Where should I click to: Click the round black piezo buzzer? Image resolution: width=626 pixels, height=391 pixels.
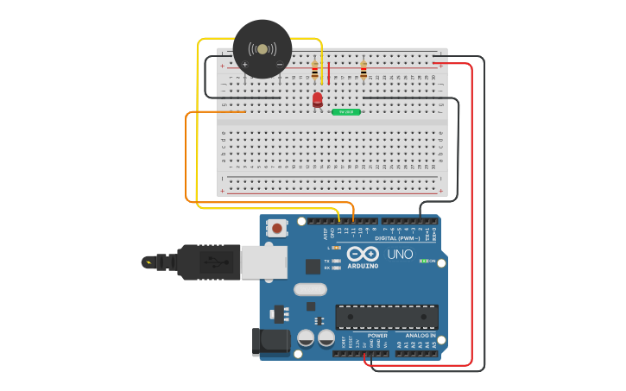pyautogui.click(x=262, y=49)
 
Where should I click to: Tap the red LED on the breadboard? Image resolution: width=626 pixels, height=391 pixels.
pyautogui.click(x=318, y=99)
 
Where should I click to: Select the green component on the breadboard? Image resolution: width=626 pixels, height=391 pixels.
pyautogui.click(x=346, y=112)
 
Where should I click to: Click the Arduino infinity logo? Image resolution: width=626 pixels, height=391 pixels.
pyautogui.click(x=363, y=254)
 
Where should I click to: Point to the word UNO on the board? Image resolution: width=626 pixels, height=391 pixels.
pyautogui.click(x=400, y=255)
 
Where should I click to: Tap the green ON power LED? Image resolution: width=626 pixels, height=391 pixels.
pyautogui.click(x=423, y=261)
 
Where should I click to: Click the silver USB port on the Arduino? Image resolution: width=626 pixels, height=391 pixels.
pyautogui.click(x=263, y=262)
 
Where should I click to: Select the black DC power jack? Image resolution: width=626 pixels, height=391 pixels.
pyautogui.click(x=270, y=341)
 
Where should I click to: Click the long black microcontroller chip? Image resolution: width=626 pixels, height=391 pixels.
pyautogui.click(x=386, y=317)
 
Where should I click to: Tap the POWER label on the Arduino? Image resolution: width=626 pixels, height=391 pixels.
pyautogui.click(x=377, y=336)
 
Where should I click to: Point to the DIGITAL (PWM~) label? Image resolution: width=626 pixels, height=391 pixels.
pyautogui.click(x=398, y=237)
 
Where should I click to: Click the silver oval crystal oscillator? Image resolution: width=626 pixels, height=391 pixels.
pyautogui.click(x=310, y=289)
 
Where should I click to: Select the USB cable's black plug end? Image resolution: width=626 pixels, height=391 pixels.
pyautogui.click(x=206, y=262)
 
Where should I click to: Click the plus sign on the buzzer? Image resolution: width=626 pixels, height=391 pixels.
pyautogui.click(x=245, y=65)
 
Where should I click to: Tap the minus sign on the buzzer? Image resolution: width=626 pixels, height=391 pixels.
pyautogui.click(x=279, y=65)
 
